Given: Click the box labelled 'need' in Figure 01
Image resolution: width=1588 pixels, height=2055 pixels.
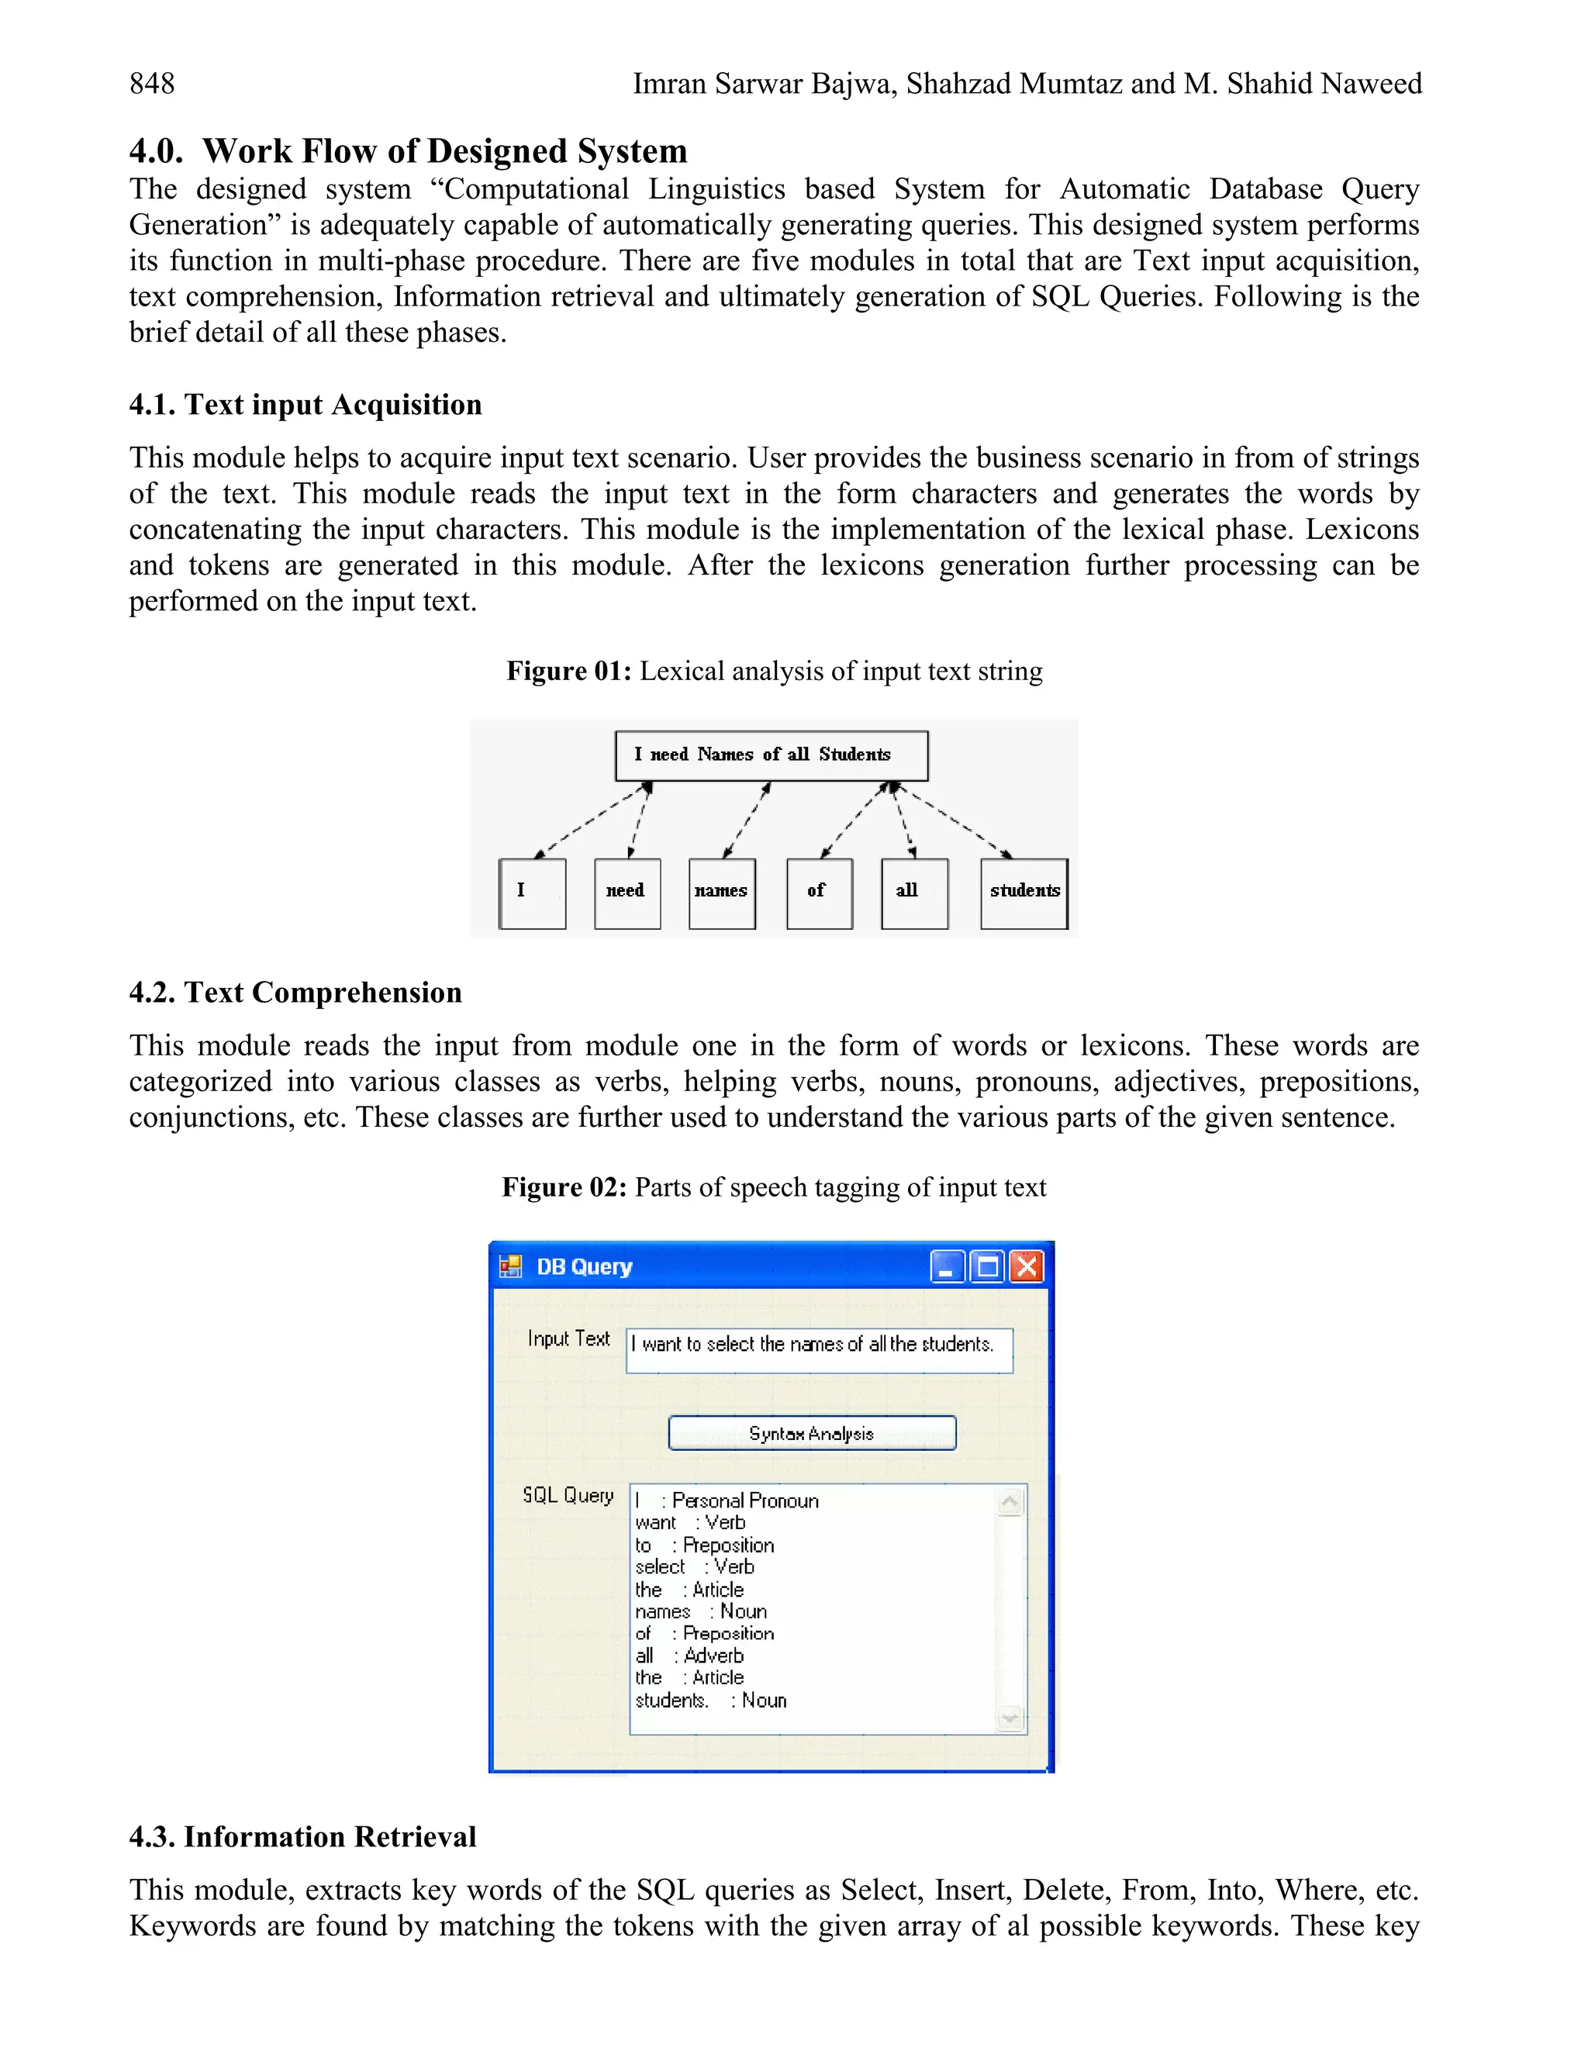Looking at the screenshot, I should point(627,893).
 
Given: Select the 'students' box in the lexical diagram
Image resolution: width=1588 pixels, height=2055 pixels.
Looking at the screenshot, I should point(1024,893).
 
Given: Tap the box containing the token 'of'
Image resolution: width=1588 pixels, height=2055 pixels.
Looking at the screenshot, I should point(819,893).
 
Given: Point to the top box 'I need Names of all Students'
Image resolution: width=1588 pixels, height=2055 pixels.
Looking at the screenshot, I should point(771,755).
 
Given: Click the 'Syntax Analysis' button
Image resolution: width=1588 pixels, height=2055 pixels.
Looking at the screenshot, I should point(812,1433).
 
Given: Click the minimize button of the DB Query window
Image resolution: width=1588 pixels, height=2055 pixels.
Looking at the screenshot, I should point(948,1266).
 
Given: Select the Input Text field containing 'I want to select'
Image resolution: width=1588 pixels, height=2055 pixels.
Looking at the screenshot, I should point(819,1350).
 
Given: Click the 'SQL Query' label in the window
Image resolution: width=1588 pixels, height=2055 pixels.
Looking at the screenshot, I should point(568,1495).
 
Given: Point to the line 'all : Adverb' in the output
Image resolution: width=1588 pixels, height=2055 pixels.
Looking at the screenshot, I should point(689,1655).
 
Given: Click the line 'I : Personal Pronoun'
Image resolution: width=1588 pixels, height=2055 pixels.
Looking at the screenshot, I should point(727,1501).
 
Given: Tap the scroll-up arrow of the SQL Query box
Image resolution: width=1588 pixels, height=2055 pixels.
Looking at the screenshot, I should point(1010,1502).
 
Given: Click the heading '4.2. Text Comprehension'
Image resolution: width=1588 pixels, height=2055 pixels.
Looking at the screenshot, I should point(295,993).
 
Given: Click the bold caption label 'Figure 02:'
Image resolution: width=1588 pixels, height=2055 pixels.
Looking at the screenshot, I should point(564,1187).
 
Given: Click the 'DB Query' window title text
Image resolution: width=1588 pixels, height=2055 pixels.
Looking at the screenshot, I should point(583,1266).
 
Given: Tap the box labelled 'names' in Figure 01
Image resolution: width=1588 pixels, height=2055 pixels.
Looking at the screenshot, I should point(722,893).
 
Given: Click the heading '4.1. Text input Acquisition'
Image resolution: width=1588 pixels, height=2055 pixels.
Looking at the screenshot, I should point(305,405).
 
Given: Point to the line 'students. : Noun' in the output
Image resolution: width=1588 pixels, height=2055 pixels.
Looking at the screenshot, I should point(711,1701).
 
